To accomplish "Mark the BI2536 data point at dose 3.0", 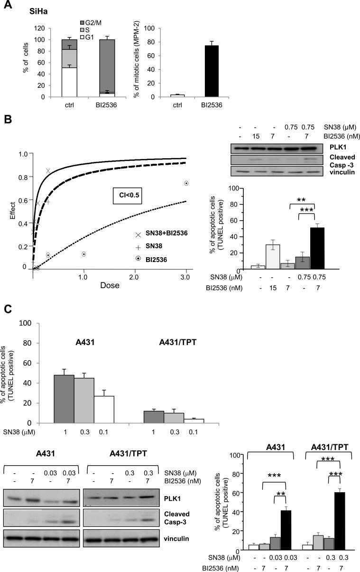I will tap(186, 183).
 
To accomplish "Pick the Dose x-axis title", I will tap(110, 286).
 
